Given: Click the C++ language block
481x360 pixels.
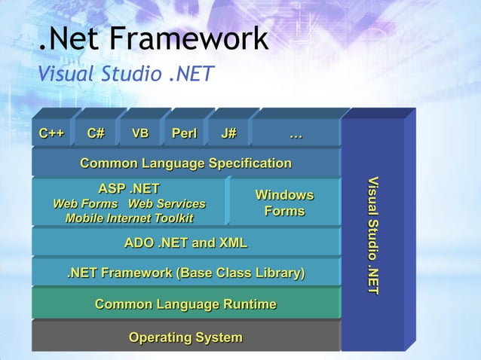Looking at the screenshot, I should (51, 134).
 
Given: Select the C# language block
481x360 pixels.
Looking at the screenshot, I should (96, 134).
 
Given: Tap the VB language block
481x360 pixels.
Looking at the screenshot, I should (140, 134).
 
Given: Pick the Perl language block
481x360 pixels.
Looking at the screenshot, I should (184, 134).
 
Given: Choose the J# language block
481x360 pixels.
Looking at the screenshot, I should (228, 134).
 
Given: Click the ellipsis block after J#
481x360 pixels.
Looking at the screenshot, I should (296, 134).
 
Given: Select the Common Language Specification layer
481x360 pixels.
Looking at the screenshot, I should (185, 163).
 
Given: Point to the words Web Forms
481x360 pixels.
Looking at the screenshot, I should (84, 204).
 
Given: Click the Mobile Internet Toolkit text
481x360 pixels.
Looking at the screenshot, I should (129, 218).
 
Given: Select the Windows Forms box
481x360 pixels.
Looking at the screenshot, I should (284, 203).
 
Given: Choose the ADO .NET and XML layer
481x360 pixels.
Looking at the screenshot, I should (185, 243).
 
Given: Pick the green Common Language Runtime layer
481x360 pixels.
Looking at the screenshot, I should (185, 304).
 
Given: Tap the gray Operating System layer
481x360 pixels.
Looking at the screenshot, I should (185, 337).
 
